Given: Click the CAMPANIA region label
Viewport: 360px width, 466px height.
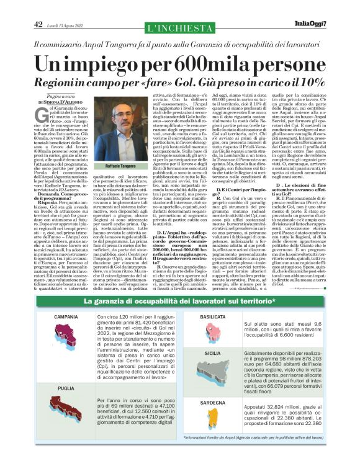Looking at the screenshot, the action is [66, 316].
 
